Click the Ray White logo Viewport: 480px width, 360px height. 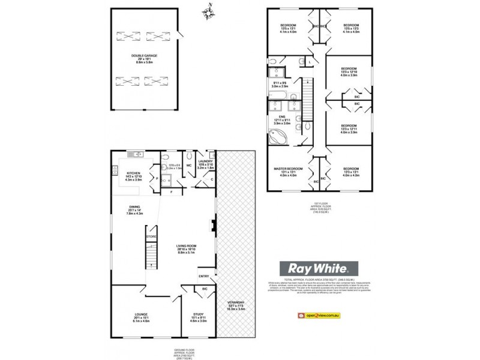click(316, 269)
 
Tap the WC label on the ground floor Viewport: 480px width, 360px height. click(188, 164)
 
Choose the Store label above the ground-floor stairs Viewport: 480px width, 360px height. click(151, 237)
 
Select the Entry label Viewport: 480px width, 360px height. click(204, 275)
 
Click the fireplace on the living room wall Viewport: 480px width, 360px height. click(213, 226)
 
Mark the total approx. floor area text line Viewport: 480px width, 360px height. click(315, 280)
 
